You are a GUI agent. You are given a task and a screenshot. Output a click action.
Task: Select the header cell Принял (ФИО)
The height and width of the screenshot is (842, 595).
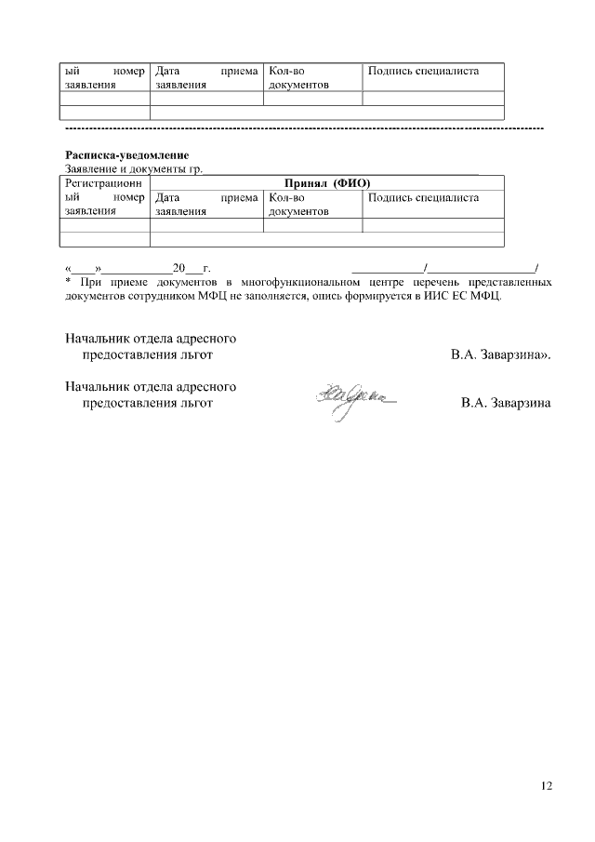click(325, 184)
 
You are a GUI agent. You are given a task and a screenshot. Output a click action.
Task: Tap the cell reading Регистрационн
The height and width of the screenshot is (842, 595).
click(103, 184)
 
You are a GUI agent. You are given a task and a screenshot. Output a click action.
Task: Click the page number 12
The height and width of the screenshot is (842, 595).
click(547, 786)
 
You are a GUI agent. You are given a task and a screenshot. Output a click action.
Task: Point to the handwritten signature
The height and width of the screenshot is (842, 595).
click(353, 400)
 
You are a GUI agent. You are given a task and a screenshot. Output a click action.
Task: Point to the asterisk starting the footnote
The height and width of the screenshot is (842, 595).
click(68, 281)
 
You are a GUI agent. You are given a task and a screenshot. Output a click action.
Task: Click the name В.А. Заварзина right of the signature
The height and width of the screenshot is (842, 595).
click(506, 403)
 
